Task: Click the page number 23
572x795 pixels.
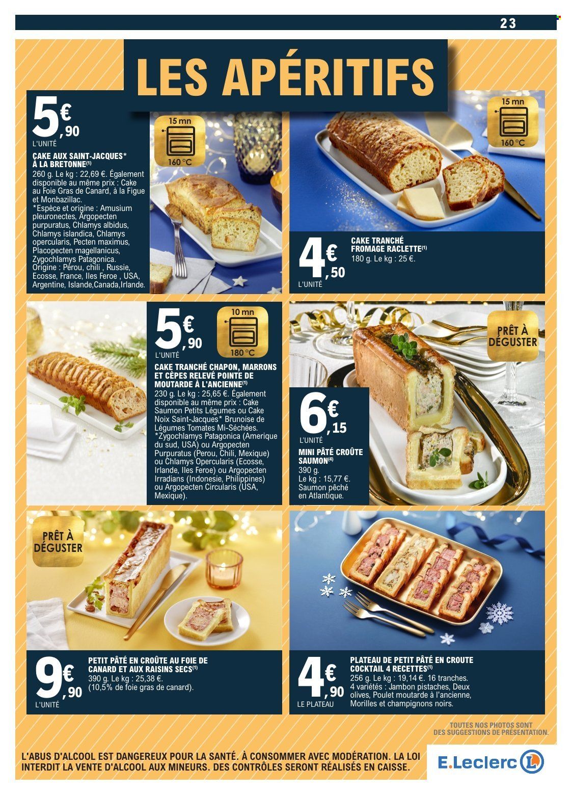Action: (x=508, y=23)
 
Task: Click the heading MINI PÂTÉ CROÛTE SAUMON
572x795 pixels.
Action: (x=331, y=457)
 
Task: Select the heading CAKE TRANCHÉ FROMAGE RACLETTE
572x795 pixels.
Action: (x=389, y=245)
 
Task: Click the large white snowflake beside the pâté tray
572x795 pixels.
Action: (x=500, y=613)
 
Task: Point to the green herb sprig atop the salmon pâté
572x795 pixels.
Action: (x=404, y=342)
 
